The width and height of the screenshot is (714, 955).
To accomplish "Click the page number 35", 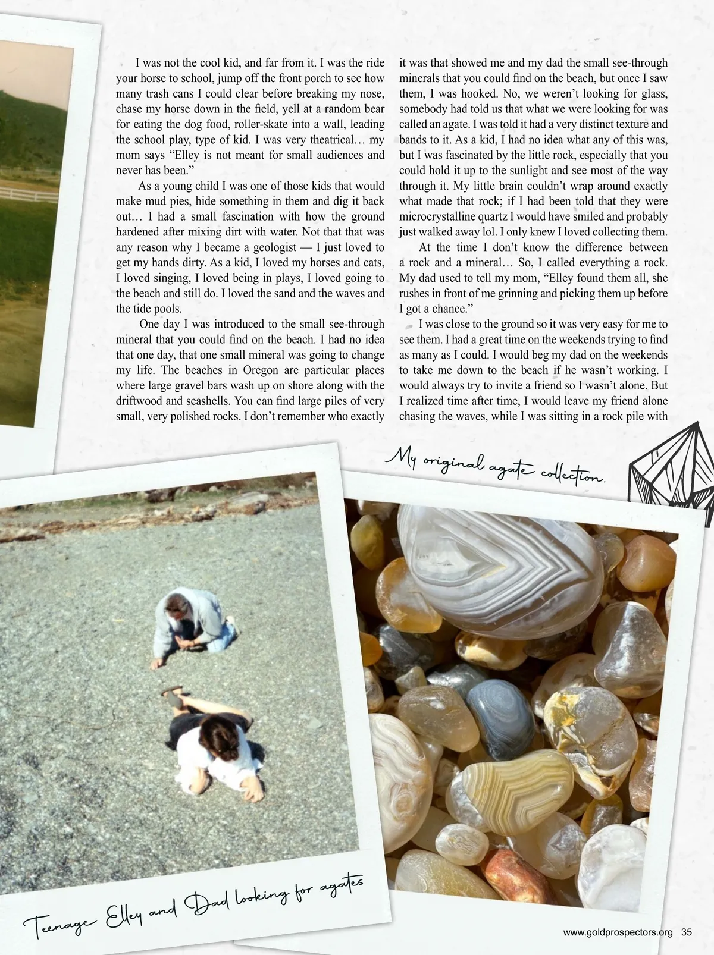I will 687,932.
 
